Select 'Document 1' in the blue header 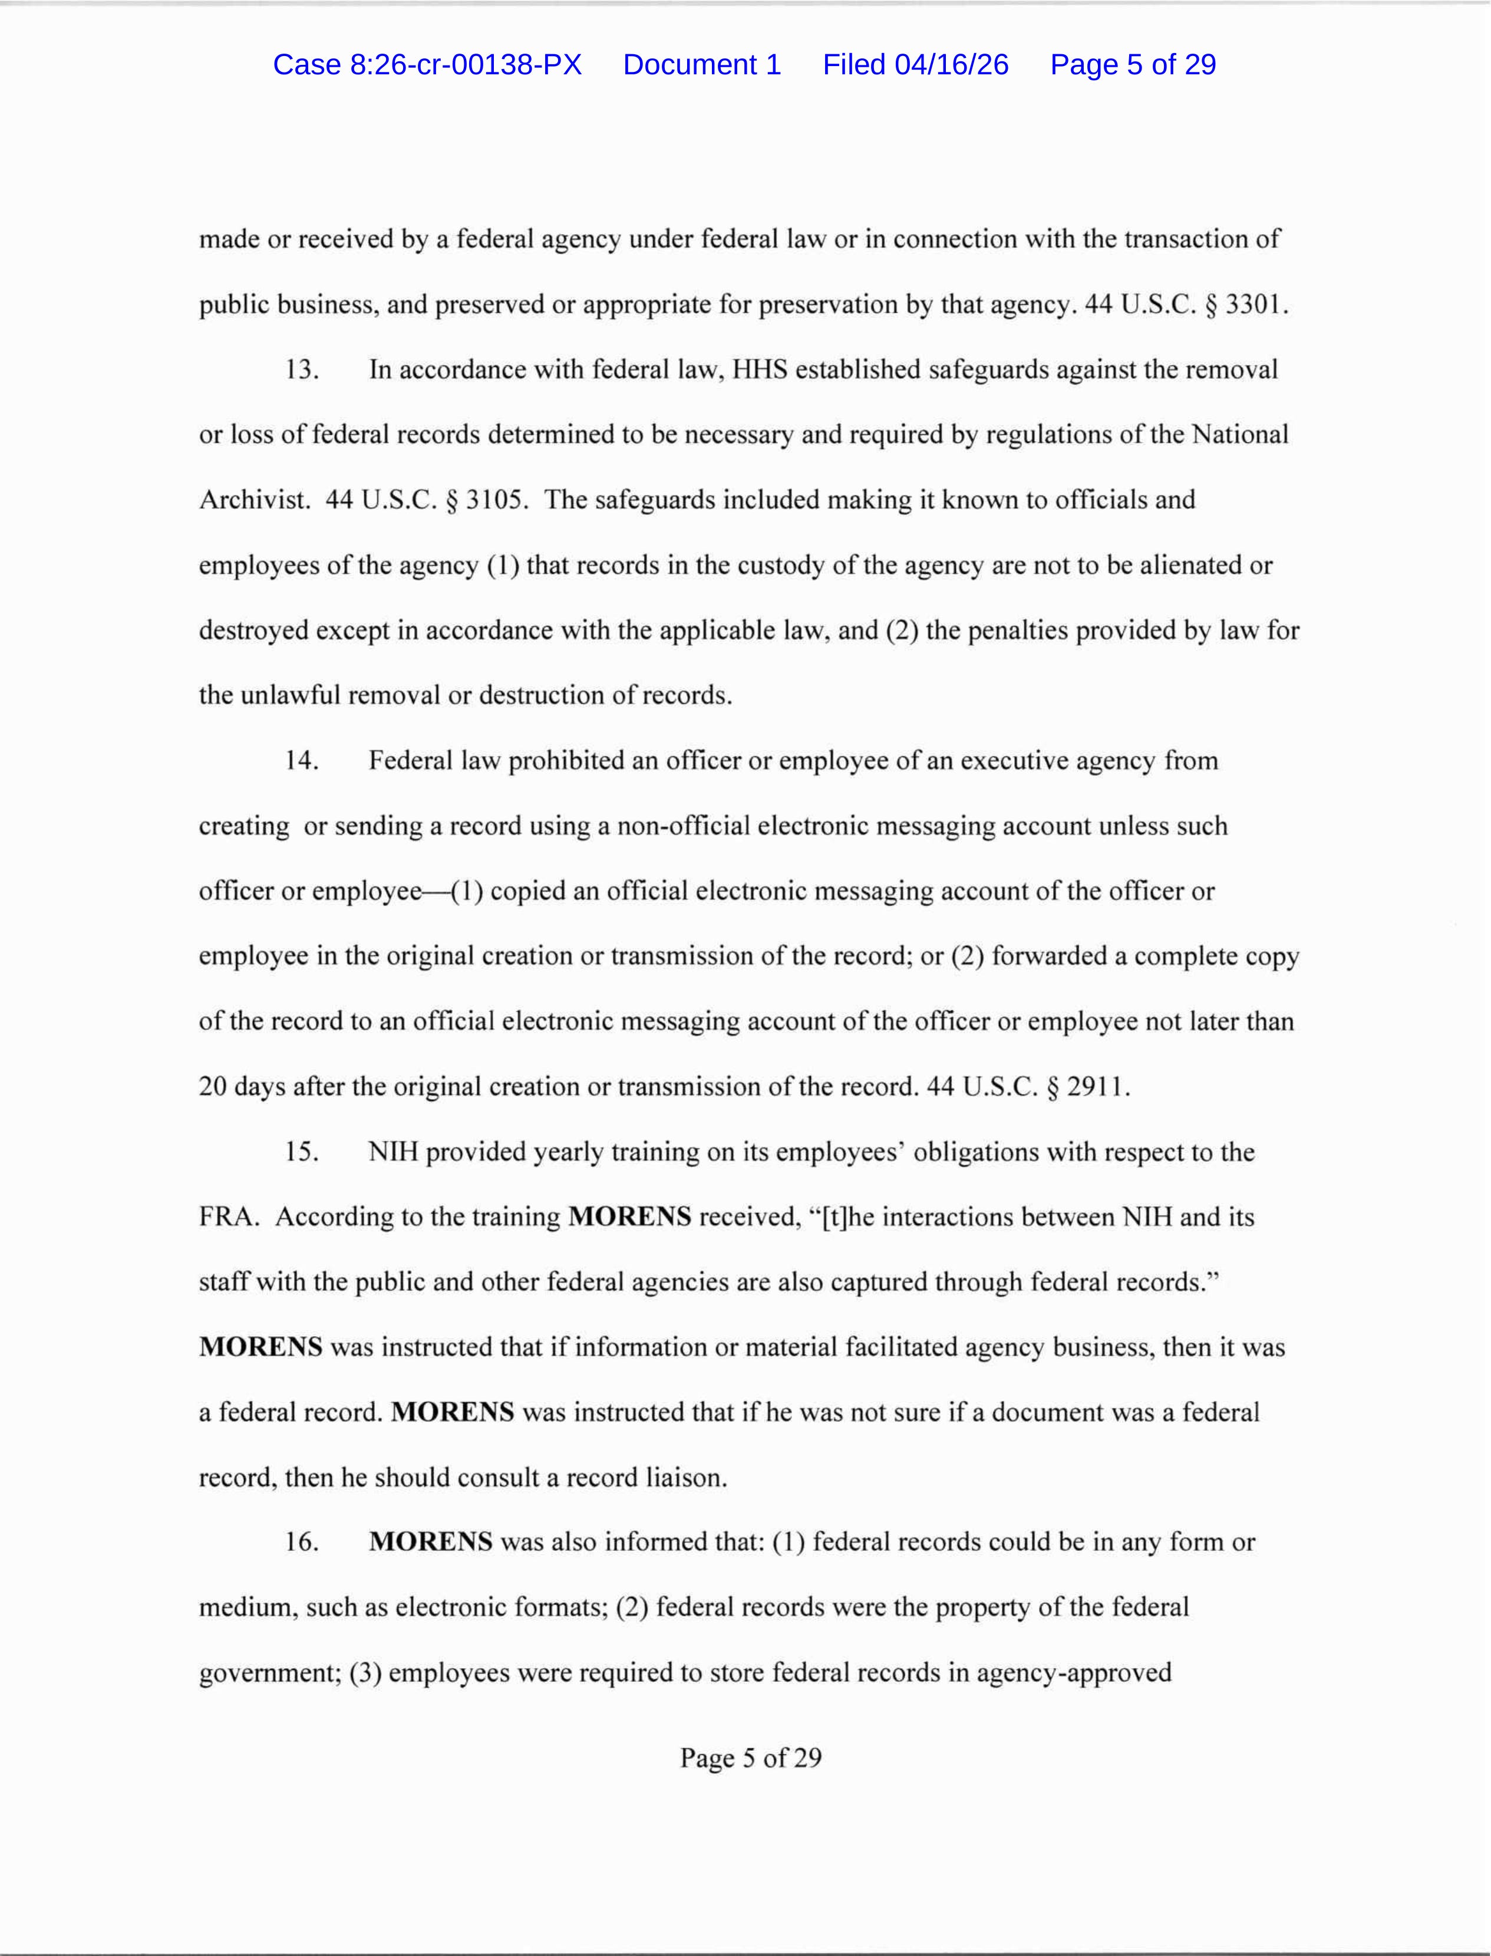701,65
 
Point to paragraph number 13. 302,369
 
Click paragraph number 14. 302,761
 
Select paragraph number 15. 302,1152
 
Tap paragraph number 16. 302,1541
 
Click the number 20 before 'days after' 213,1087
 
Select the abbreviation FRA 227,1217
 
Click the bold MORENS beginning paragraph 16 430,1541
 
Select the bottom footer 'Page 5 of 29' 751,1758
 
